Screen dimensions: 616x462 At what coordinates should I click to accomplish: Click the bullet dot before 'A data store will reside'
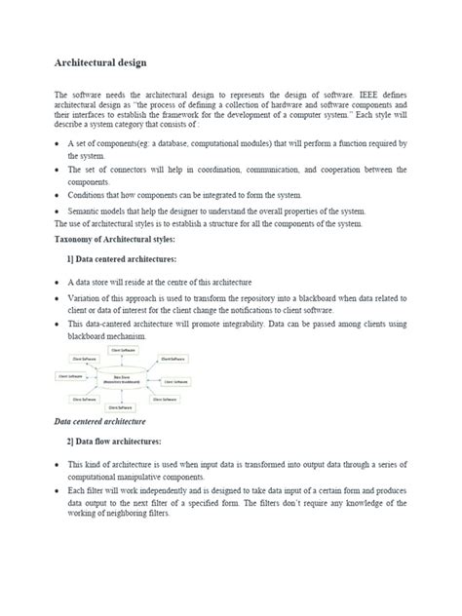tap(58, 281)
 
